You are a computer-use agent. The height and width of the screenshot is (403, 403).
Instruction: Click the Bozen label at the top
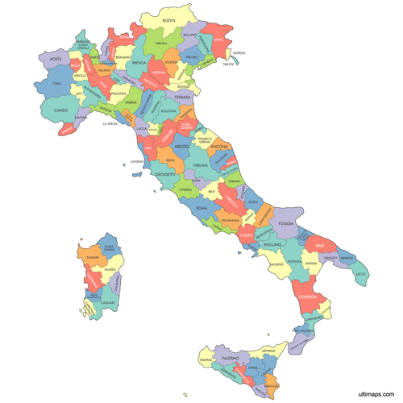click(168, 19)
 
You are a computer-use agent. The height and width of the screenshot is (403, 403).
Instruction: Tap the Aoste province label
click(56, 59)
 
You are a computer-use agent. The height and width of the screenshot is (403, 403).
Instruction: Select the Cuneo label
click(61, 110)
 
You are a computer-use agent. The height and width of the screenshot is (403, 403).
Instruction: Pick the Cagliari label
click(110, 302)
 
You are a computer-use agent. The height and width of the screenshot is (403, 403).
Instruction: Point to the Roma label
click(201, 208)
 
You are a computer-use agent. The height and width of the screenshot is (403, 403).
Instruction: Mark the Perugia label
click(200, 164)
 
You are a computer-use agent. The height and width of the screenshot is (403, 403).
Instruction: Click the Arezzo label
click(182, 146)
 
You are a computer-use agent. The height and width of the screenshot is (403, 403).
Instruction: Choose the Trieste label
click(229, 64)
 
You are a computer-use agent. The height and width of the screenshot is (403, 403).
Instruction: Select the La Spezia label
click(110, 124)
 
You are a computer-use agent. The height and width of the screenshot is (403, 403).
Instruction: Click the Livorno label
click(137, 161)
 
